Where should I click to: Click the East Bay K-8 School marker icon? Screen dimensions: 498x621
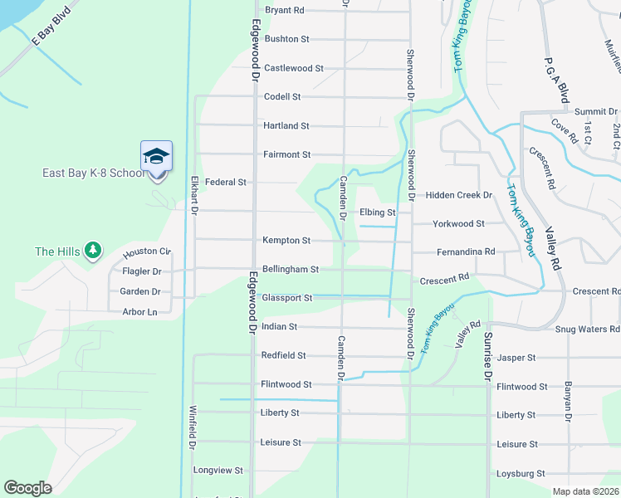pyautogui.click(x=156, y=158)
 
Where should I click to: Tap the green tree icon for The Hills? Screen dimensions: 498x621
pyautogui.click(x=93, y=250)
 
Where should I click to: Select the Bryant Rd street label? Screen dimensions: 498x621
pyautogui.click(x=285, y=11)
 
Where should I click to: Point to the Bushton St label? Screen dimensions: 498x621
pyautogui.click(x=286, y=39)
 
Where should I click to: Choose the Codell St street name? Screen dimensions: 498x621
pyautogui.click(x=282, y=97)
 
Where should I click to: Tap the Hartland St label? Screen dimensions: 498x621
pyautogui.click(x=286, y=126)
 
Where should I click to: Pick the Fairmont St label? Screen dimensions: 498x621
pyautogui.click(x=286, y=154)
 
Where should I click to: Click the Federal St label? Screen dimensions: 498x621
pyautogui.click(x=226, y=182)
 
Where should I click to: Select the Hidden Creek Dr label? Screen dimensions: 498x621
pyautogui.click(x=459, y=195)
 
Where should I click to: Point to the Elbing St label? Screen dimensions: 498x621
pyautogui.click(x=377, y=212)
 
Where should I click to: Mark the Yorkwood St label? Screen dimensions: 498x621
pyautogui.click(x=458, y=224)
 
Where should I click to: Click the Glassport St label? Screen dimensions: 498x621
pyautogui.click(x=286, y=298)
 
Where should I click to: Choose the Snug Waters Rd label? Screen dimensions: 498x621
pyautogui.click(x=585, y=330)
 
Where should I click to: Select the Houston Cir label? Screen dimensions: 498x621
pyautogui.click(x=146, y=252)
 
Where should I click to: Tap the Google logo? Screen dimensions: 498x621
pyautogui.click(x=27, y=487)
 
